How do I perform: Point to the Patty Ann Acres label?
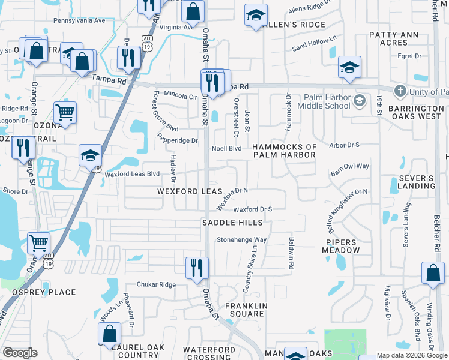393,39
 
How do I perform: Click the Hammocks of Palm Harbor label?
284,151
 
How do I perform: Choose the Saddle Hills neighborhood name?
232,223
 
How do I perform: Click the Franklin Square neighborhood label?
245,310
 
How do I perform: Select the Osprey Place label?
44,292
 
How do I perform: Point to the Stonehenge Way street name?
241,239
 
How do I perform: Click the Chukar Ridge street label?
156,284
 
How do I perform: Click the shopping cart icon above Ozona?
65,112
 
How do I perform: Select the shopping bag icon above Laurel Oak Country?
110,334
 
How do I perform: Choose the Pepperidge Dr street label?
178,140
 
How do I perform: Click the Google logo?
20,353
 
